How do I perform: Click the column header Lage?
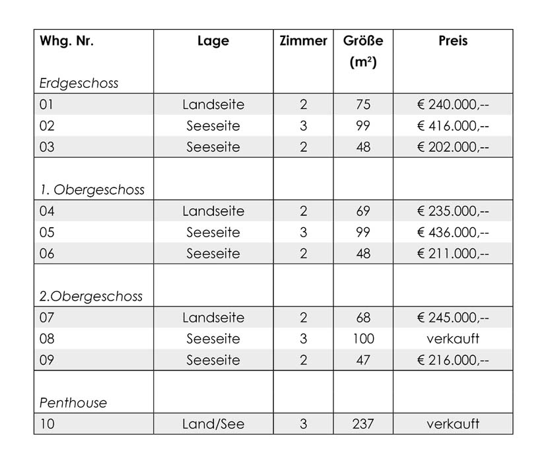[x=213, y=41]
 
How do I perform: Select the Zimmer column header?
[x=303, y=41]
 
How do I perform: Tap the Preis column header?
[x=453, y=41]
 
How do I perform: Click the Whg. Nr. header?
[x=67, y=41]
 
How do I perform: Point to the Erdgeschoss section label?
[x=79, y=83]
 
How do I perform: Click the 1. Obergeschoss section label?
[x=92, y=190]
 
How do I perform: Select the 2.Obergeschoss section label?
[x=91, y=296]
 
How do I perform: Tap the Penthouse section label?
[x=73, y=402]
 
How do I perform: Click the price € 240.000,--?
[x=453, y=104]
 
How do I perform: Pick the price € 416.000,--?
[x=453, y=126]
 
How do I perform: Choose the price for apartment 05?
[x=453, y=233]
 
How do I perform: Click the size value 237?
[x=363, y=423]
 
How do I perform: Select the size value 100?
[x=363, y=339]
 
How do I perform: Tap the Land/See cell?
[x=213, y=423]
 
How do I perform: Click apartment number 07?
[x=47, y=318]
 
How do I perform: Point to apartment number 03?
[x=47, y=147]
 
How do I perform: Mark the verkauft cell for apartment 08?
[x=453, y=339]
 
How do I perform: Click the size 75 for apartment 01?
[x=363, y=104]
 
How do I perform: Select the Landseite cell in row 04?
[x=213, y=211]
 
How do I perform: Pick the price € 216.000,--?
[x=453, y=360]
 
